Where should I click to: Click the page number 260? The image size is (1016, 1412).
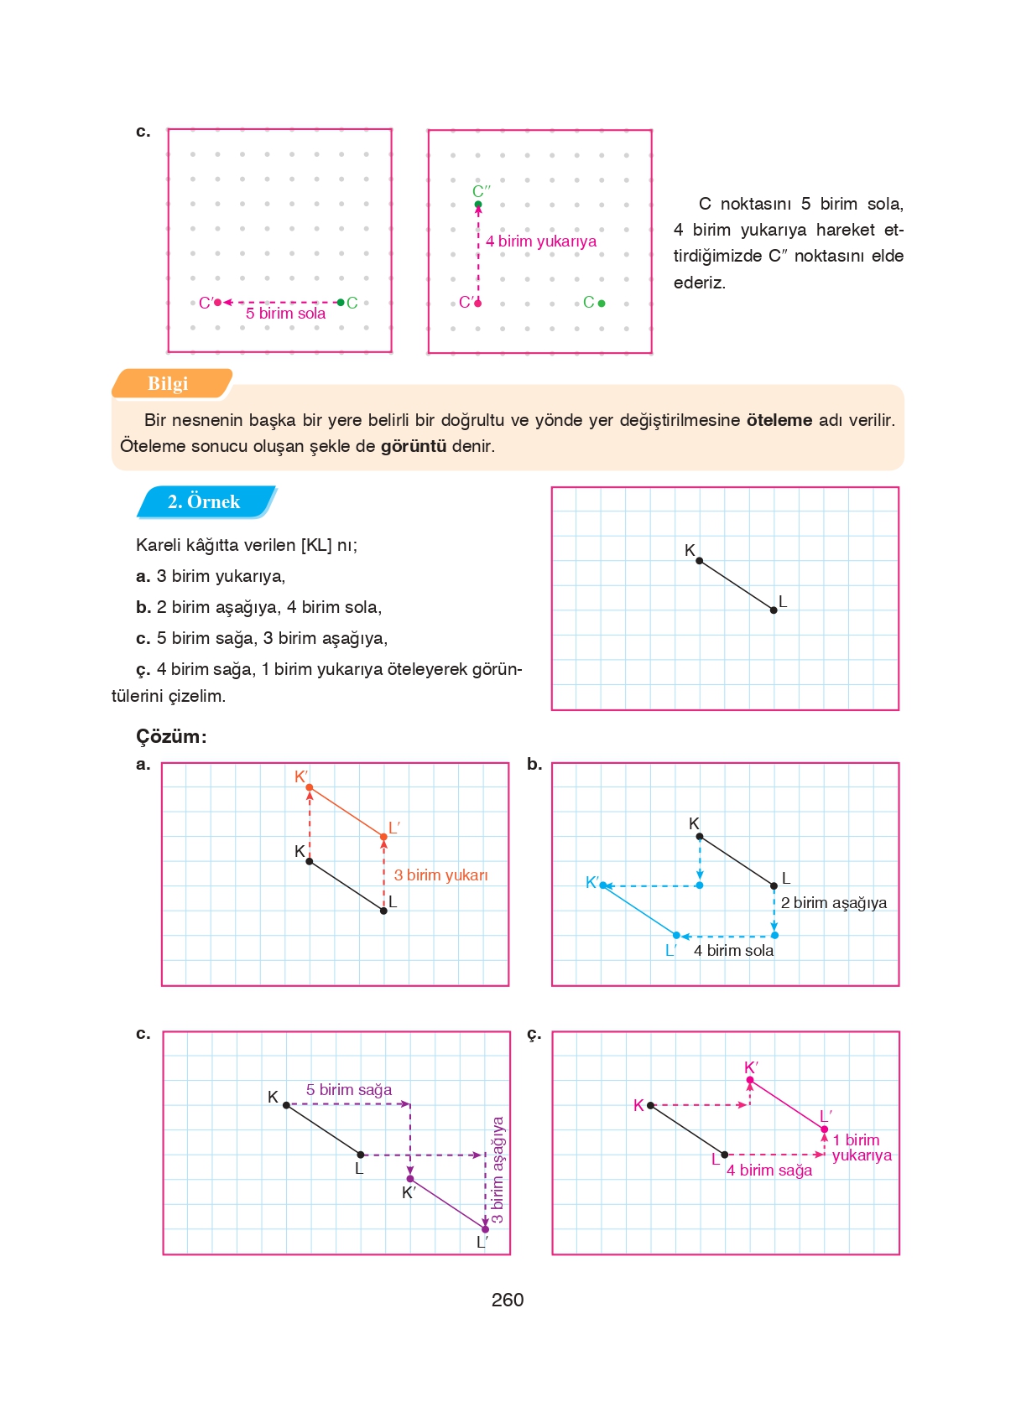pos(507,1300)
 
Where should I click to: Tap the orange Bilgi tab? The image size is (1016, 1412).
pos(168,383)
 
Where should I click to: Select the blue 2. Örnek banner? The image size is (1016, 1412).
pos(204,501)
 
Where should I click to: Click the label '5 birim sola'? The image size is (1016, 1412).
pos(285,314)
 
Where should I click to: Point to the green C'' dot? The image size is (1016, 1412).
pos(478,205)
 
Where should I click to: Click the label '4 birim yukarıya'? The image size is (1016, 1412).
pos(541,241)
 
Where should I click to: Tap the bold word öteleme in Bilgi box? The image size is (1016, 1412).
pos(779,420)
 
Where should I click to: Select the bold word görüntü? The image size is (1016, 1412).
pos(414,446)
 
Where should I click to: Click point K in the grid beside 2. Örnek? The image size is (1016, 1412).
pos(699,560)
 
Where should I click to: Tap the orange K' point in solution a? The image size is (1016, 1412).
pos(310,787)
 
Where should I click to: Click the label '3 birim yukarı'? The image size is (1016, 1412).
pos(440,875)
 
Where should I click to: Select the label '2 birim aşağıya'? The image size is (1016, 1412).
pos(833,903)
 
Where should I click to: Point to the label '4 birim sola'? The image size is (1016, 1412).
pos(733,951)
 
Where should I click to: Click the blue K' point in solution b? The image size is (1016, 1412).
pos(603,885)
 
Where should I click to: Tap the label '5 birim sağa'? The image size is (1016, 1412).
pos(349,1090)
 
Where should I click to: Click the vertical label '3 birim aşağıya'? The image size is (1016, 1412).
pos(498,1170)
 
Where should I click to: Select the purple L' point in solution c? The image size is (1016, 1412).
pos(485,1229)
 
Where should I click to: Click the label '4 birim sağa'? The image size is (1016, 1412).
pos(769,1171)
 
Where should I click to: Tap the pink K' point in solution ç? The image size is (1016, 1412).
pos(750,1080)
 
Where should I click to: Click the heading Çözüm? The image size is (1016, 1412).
pos(171,736)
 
